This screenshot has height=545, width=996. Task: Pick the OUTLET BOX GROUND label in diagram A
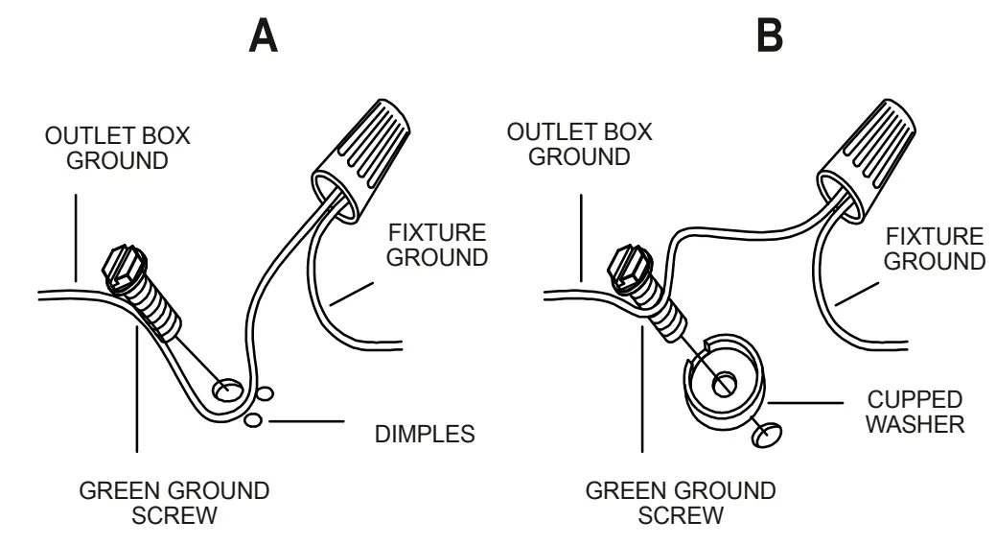118,147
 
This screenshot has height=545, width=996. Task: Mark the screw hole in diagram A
227,391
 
